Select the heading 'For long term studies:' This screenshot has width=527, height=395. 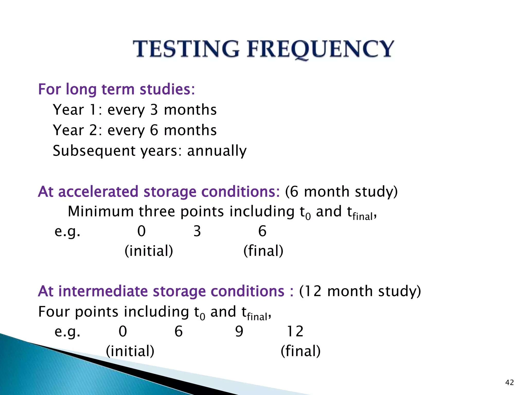[116, 89]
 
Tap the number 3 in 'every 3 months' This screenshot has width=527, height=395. [154, 110]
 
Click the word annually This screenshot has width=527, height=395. [217, 151]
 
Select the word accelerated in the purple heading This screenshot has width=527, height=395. [98, 192]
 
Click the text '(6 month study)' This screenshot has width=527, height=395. [341, 192]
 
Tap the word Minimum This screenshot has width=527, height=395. [101, 212]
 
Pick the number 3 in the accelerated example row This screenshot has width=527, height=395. [197, 231]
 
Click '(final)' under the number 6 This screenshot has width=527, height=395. [263, 251]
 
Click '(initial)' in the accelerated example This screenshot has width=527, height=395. [149, 251]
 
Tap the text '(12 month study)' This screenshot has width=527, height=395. [360, 291]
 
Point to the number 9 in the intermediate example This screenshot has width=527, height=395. [239, 331]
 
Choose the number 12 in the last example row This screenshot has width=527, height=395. [295, 331]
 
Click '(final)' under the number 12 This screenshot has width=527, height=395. [301, 351]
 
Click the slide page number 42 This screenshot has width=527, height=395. [510, 383]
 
